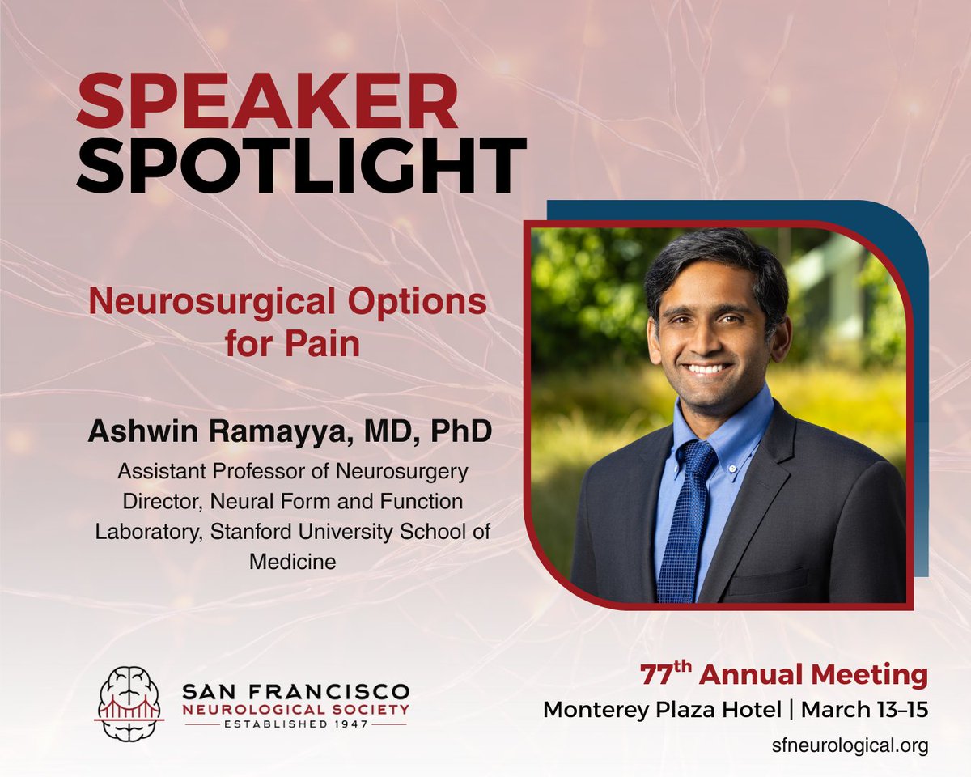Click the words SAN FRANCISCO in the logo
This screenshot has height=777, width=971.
point(295,693)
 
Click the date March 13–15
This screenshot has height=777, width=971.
point(864,710)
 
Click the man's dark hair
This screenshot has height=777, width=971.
point(716,263)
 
